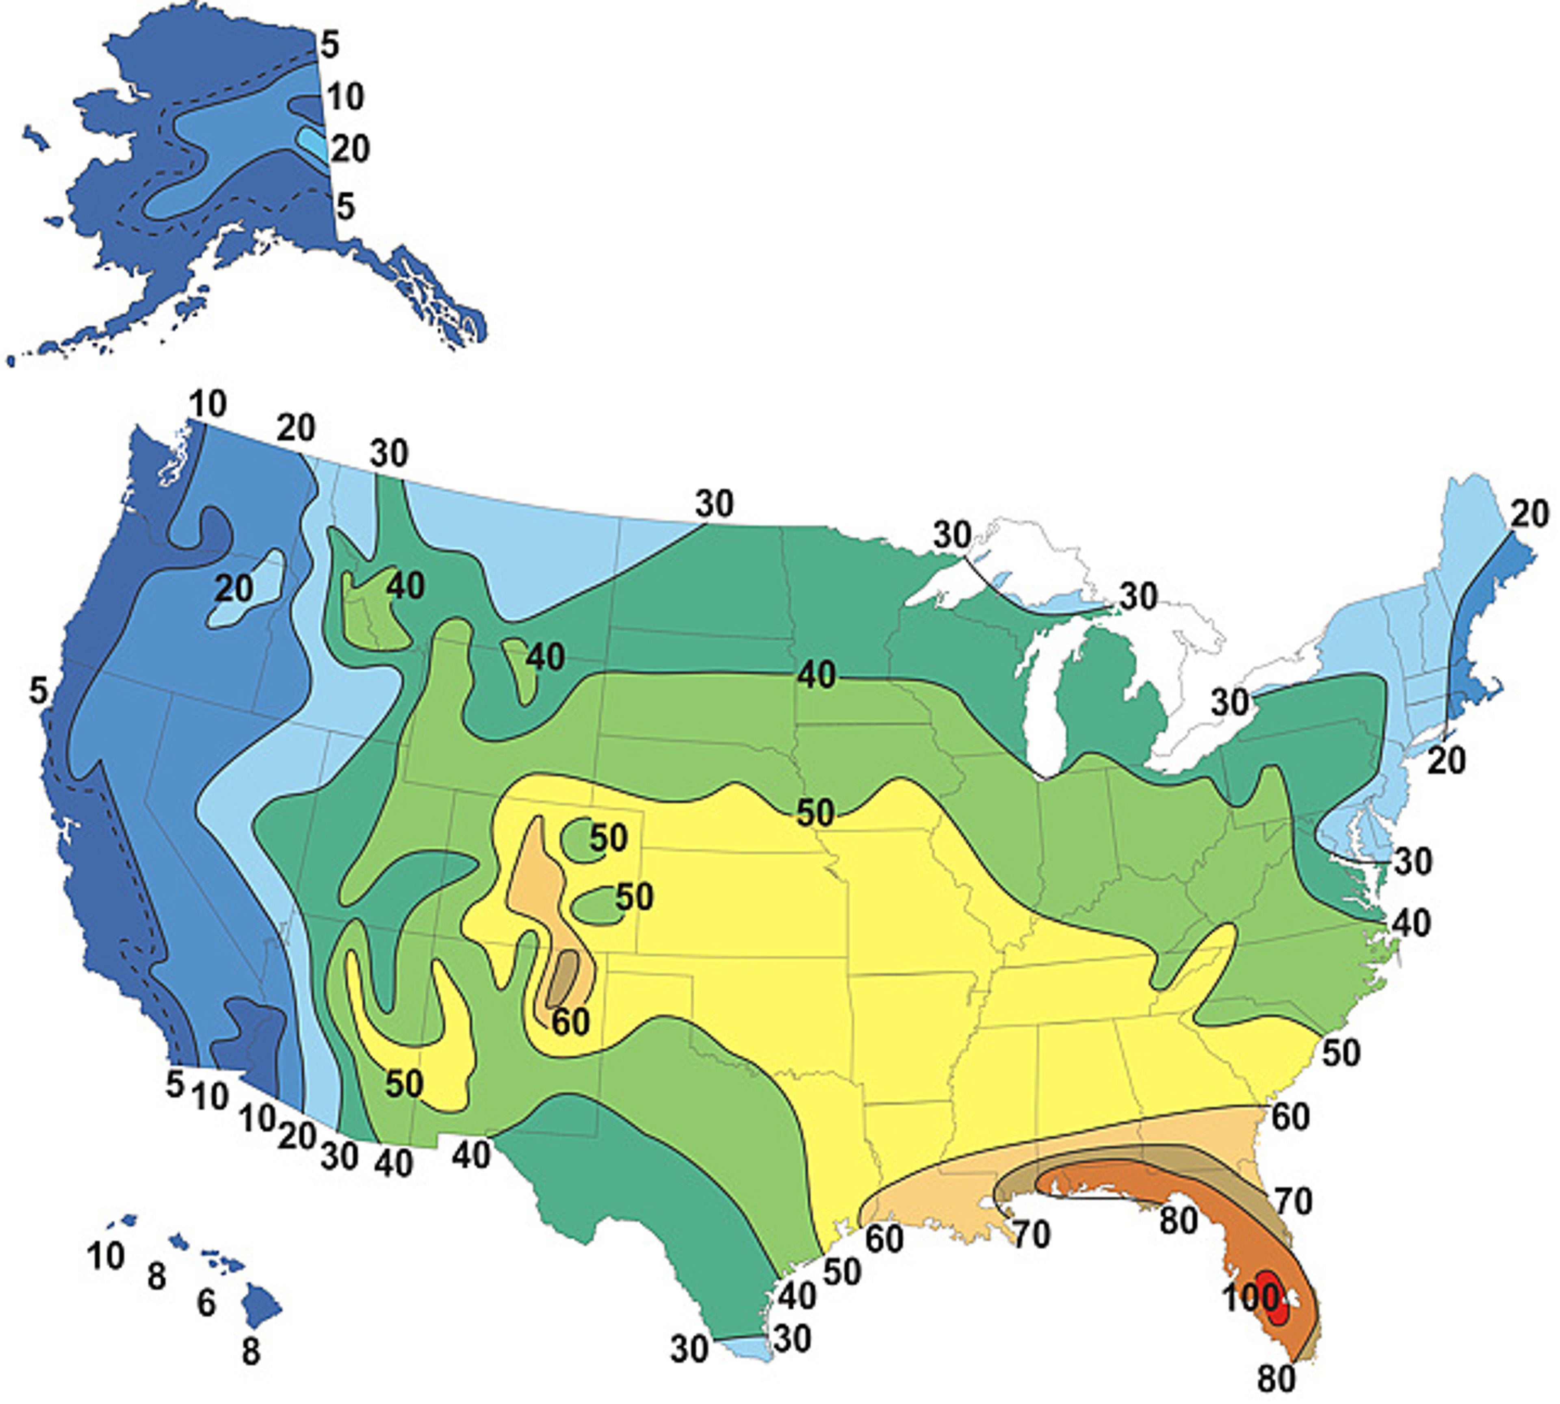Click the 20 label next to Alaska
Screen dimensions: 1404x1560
349,148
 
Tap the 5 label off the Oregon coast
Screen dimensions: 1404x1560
39,690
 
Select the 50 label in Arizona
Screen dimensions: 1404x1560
404,1084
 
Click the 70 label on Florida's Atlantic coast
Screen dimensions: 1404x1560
1292,1201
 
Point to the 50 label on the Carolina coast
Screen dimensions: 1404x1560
1342,1053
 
